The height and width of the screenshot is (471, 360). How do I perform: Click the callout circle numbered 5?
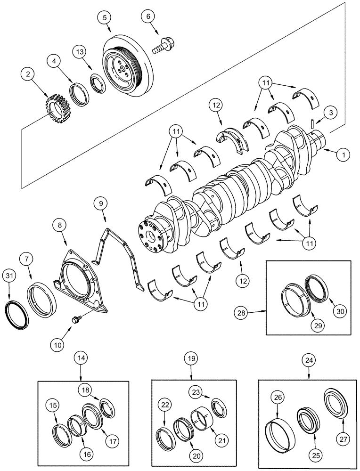click(105, 17)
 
